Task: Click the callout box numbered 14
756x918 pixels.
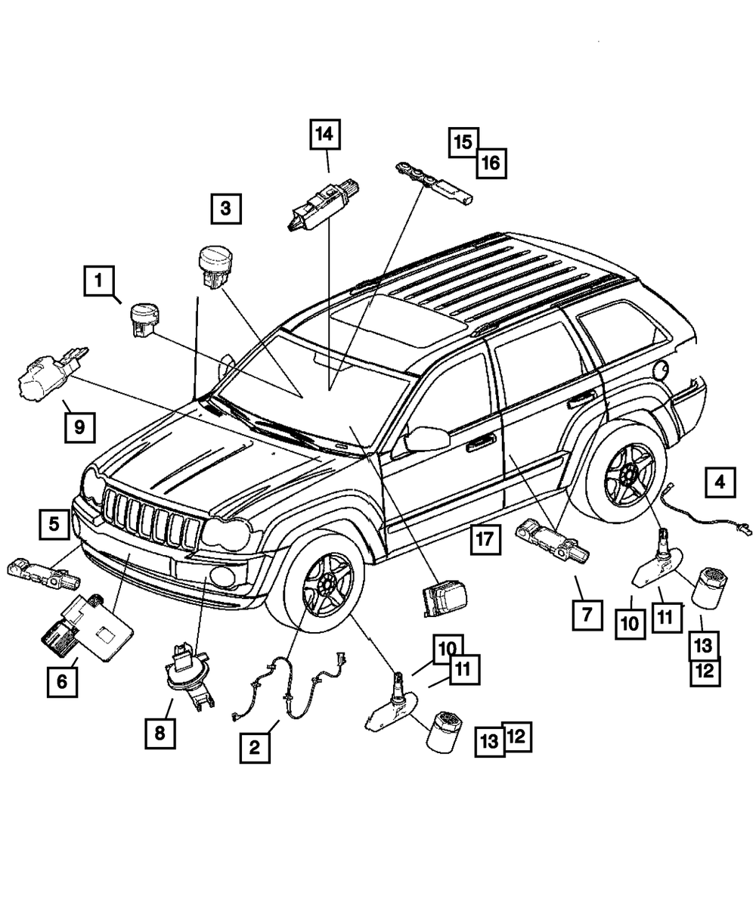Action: tap(324, 135)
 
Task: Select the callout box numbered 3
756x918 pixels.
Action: tap(225, 208)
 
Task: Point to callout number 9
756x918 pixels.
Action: tap(79, 427)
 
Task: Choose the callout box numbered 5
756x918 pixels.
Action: tap(55, 523)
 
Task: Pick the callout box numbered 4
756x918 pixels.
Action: tap(720, 481)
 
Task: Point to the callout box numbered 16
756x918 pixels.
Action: tap(491, 162)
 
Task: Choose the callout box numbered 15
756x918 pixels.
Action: tap(463, 141)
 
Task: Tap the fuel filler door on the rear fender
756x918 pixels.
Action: tap(660, 370)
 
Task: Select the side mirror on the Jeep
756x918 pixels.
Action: tap(426, 439)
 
